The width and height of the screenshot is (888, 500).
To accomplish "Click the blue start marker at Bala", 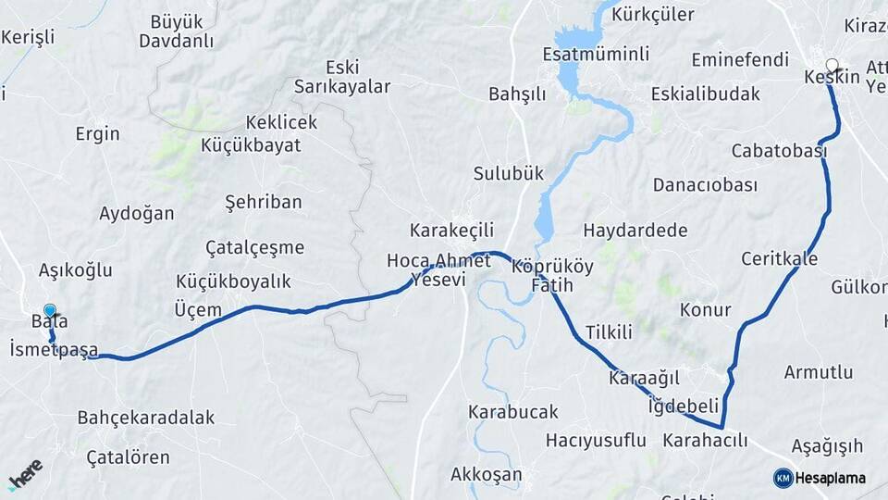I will click(50, 312).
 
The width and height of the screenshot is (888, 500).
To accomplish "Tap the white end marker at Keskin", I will click(832, 66).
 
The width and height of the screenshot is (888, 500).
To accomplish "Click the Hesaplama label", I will click(830, 478).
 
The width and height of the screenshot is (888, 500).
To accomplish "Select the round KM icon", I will click(783, 478).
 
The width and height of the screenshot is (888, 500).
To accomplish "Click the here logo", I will click(25, 473).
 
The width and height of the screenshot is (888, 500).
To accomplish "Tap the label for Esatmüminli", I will click(596, 54).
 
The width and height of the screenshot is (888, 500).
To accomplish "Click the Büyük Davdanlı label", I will click(176, 30).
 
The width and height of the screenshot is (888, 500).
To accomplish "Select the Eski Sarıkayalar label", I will click(342, 77).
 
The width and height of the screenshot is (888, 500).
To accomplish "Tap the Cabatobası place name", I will click(778, 150).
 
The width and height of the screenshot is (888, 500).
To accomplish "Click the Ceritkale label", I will click(779, 258).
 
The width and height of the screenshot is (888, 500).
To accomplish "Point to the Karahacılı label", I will click(705, 441).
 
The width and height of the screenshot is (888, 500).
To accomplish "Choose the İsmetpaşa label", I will click(53, 349).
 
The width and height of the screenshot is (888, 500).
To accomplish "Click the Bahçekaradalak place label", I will click(146, 417).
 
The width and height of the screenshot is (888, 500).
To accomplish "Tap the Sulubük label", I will click(509, 173).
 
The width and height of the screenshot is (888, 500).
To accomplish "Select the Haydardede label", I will click(635, 230).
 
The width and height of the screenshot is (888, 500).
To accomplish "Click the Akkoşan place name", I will click(486, 475).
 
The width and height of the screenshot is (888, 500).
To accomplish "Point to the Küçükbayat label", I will click(251, 144).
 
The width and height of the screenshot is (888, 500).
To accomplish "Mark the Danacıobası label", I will click(705, 184).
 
